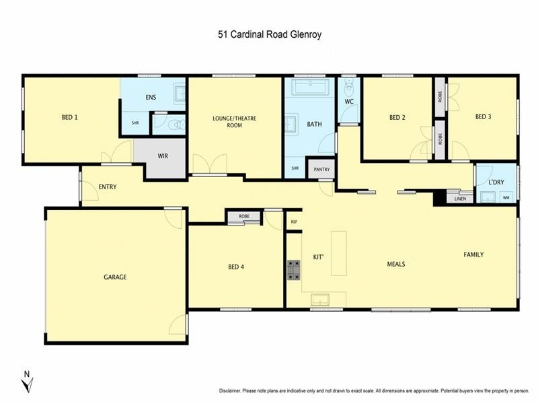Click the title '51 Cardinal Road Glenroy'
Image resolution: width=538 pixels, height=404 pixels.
(269, 34)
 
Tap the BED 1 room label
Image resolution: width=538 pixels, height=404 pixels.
(70, 117)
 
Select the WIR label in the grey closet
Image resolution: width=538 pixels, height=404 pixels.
(163, 156)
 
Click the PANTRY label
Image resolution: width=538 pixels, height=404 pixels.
(321, 170)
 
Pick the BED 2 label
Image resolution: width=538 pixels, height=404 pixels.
(397, 117)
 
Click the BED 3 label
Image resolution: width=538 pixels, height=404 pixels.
(483, 116)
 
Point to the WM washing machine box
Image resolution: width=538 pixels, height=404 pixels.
(506, 197)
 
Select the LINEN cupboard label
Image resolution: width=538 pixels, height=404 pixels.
(460, 199)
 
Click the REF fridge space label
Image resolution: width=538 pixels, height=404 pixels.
(294, 222)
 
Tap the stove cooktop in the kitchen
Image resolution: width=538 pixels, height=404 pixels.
(294, 269)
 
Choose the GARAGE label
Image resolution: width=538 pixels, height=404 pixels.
(115, 277)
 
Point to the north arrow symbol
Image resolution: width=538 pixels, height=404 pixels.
(27, 382)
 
